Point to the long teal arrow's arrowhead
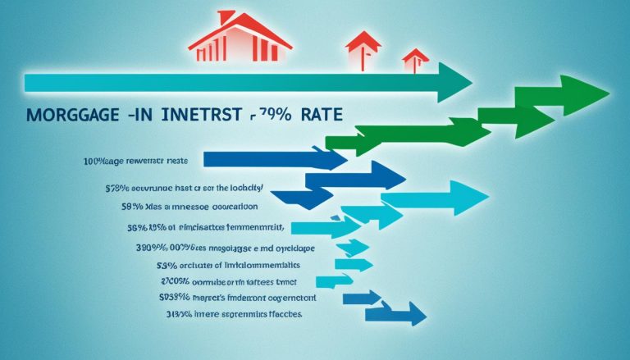[456, 83]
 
